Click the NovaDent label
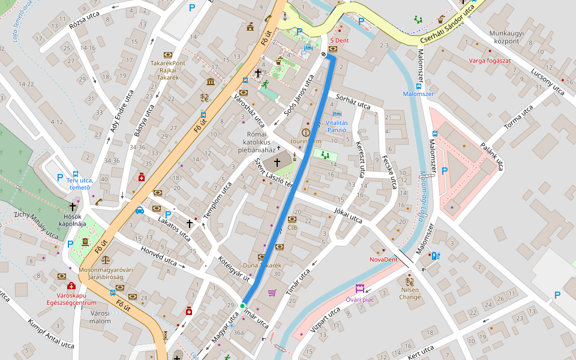(x=383, y=259)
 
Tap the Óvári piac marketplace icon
(x=359, y=289)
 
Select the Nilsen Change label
(x=410, y=293)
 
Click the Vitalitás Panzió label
(x=337, y=126)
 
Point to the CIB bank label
(x=292, y=227)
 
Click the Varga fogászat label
(x=490, y=61)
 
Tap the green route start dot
(x=242, y=306)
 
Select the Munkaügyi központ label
(x=504, y=37)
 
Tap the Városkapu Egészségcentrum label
(x=71, y=299)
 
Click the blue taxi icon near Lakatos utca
(x=140, y=210)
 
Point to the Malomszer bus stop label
(x=418, y=94)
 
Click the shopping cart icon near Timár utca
(x=272, y=292)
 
